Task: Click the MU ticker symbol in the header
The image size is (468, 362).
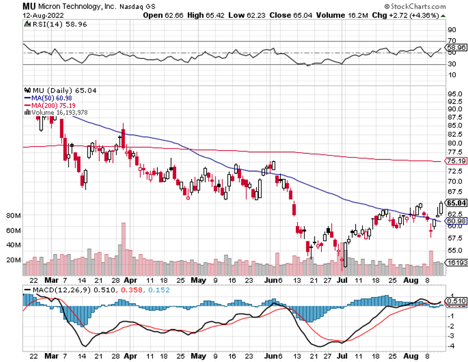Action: point(29,6)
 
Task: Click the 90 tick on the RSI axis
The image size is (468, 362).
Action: point(451,29)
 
